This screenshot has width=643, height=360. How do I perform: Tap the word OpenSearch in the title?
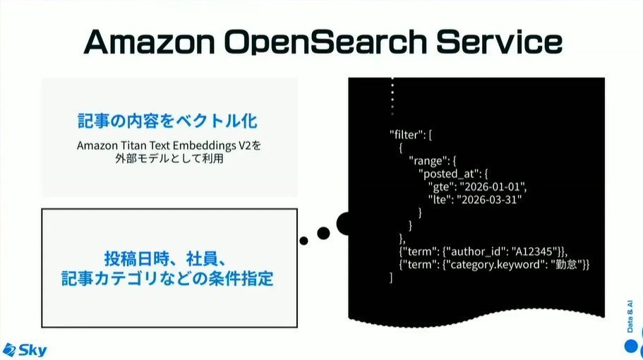pyautogui.click(x=325, y=42)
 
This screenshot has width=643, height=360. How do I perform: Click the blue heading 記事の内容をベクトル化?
pyautogui.click(x=167, y=121)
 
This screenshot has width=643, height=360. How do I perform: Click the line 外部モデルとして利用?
pyautogui.click(x=169, y=158)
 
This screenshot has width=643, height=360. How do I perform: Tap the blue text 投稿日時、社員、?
pyautogui.click(x=165, y=259)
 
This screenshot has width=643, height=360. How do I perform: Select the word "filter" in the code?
pyautogui.click(x=406, y=135)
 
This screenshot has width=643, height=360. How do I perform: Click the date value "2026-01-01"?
pyautogui.click(x=492, y=186)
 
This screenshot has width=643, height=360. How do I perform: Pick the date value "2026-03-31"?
pyautogui.click(x=489, y=200)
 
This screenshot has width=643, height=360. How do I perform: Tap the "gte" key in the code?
pyautogui.click(x=440, y=187)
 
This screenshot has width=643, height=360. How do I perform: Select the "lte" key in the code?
pyautogui.click(x=439, y=200)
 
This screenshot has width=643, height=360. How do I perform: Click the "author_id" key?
pyautogui.click(x=475, y=251)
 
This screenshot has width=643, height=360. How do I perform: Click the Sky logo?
pyautogui.click(x=24, y=349)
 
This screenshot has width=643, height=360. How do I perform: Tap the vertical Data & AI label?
pyautogui.click(x=630, y=316)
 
